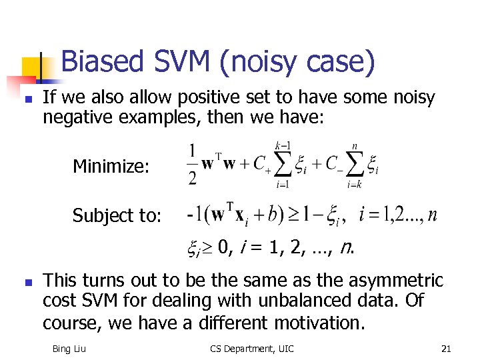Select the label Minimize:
click(x=111, y=166)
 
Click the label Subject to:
click(x=117, y=215)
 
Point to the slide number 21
click(x=446, y=349)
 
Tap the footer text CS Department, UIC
click(x=251, y=349)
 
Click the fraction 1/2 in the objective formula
click(x=192, y=164)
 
